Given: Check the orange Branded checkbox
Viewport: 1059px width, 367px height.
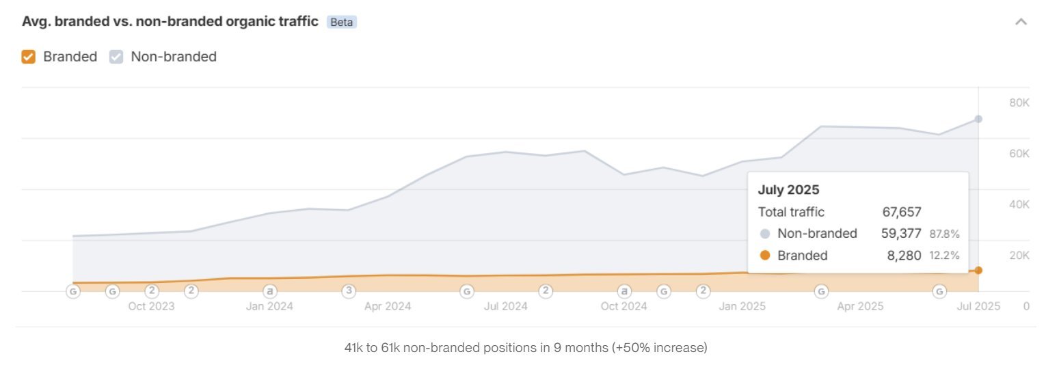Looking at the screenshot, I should point(28,57).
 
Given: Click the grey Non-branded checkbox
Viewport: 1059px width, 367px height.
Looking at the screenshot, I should point(116,57).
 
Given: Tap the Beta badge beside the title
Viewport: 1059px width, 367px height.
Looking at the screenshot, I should point(342,22).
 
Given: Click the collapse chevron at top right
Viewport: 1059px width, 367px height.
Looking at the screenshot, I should point(1021,22).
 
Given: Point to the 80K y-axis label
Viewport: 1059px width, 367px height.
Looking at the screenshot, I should point(1019,103).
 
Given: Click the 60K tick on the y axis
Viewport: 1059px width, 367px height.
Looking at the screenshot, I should point(1019,154).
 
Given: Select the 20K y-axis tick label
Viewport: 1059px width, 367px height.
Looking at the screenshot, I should point(1019,256).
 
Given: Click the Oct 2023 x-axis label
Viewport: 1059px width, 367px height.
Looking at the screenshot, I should point(151,306).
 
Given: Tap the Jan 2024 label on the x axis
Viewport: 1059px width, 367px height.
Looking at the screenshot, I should point(269,306).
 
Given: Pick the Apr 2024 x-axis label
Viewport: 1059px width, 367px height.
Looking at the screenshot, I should point(388,306).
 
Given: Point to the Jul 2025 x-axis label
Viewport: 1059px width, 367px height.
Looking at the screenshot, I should point(978,306).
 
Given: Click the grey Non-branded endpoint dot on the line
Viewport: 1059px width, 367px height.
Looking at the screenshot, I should point(978,119).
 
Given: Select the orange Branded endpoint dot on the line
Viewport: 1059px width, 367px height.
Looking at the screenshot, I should point(978,271).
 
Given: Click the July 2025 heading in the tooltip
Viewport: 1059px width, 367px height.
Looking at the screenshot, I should point(788,190).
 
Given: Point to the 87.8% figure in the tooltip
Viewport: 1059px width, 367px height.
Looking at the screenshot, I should point(944,234).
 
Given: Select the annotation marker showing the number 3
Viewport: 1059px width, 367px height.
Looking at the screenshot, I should point(349,291).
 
